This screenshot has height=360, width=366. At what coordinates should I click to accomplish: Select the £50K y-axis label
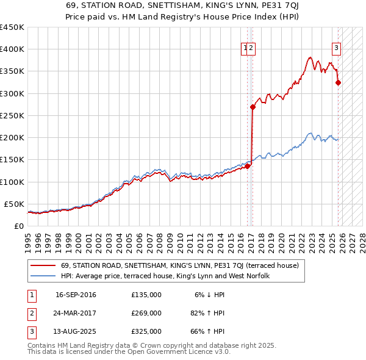[15, 204]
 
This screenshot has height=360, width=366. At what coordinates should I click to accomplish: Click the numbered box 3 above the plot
[336, 49]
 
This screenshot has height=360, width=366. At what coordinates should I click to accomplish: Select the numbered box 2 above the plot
[251, 49]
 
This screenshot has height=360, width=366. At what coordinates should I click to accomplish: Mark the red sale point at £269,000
[253, 107]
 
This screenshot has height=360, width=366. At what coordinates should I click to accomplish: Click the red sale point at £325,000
[339, 82]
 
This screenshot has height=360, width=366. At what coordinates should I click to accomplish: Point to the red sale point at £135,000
[248, 166]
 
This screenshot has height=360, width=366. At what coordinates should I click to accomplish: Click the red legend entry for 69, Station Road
[179, 265]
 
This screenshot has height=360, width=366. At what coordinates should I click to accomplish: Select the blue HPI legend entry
[169, 276]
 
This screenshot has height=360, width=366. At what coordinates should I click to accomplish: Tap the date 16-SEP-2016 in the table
[76, 295]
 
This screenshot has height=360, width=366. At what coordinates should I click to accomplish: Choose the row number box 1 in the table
[30, 295]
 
